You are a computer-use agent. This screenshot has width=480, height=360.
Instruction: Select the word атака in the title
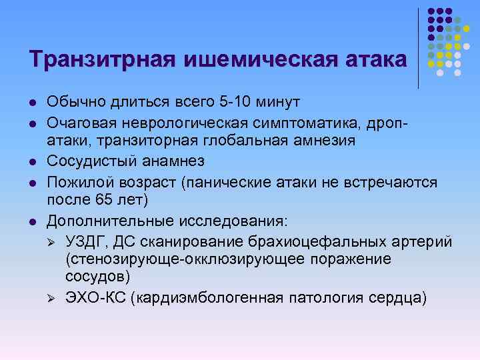point(373,59)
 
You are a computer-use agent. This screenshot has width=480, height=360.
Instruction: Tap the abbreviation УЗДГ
point(83,240)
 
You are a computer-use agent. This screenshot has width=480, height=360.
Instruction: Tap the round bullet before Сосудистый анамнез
point(32,162)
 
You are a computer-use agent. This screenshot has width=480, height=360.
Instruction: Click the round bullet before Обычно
point(32,103)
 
